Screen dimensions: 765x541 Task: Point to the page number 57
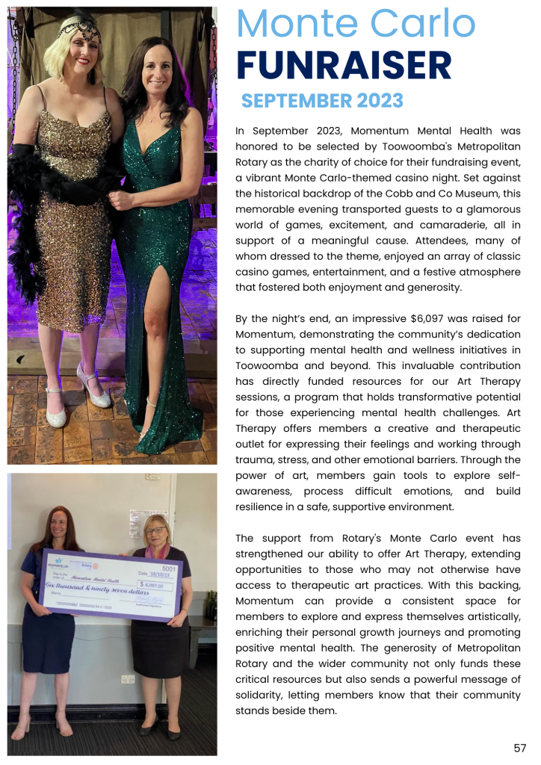(x=519, y=748)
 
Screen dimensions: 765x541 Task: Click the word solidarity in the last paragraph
(x=266, y=696)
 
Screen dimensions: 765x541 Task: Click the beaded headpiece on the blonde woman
(x=80, y=30)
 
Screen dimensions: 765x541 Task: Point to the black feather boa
(x=30, y=217)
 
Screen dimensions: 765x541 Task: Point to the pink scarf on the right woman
(x=161, y=551)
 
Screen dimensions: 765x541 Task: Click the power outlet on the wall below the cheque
(x=127, y=679)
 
